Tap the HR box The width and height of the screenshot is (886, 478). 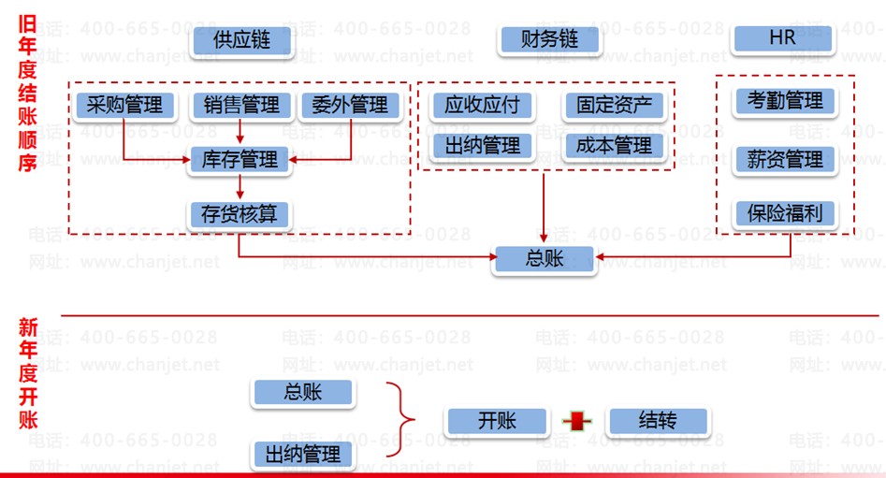pyautogui.click(x=782, y=39)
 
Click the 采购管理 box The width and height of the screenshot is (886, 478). pyautogui.click(x=124, y=105)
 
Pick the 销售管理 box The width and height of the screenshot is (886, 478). pyautogui.click(x=241, y=105)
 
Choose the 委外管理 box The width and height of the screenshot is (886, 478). pyautogui.click(x=350, y=105)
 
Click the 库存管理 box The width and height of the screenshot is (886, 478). pyautogui.click(x=240, y=160)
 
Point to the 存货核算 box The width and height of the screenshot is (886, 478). pyautogui.click(x=240, y=213)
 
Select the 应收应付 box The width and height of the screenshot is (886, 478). pyautogui.click(x=482, y=106)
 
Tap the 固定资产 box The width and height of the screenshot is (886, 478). pyautogui.click(x=614, y=106)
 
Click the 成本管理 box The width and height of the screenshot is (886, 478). pyautogui.click(x=614, y=146)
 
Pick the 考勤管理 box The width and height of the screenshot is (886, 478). pyautogui.click(x=785, y=100)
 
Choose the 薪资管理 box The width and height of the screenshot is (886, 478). pyautogui.click(x=785, y=159)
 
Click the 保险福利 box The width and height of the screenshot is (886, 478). pyautogui.click(x=785, y=213)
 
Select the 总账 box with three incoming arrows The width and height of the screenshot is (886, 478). pyautogui.click(x=545, y=259)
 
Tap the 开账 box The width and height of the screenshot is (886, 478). pyautogui.click(x=497, y=421)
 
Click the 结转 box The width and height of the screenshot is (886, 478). pyautogui.click(x=658, y=420)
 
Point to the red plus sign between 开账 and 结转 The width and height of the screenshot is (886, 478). pyautogui.click(x=578, y=422)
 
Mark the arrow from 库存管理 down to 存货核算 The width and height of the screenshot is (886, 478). pyautogui.click(x=240, y=186)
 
